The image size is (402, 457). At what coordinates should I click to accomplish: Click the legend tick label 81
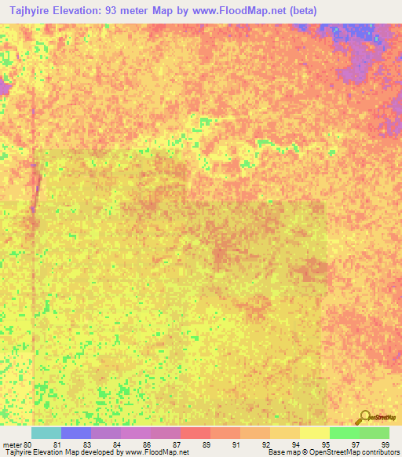coord(57,444)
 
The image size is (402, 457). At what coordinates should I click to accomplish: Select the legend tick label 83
coord(87,444)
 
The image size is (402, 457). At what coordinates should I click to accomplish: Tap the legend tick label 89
coord(206,444)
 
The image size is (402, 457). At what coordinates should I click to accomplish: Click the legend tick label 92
coord(266,444)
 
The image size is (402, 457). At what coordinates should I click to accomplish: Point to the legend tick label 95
coord(326,444)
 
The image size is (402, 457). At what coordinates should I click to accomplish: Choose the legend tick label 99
coord(385,444)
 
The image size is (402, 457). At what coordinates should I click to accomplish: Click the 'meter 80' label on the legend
coord(16,444)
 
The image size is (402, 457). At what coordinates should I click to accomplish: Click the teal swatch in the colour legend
coord(46,433)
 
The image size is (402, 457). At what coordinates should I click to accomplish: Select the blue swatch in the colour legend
coord(76,433)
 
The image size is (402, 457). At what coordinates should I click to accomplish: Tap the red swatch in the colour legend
coord(196,433)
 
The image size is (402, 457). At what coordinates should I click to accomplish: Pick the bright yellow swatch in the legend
coord(315,433)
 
